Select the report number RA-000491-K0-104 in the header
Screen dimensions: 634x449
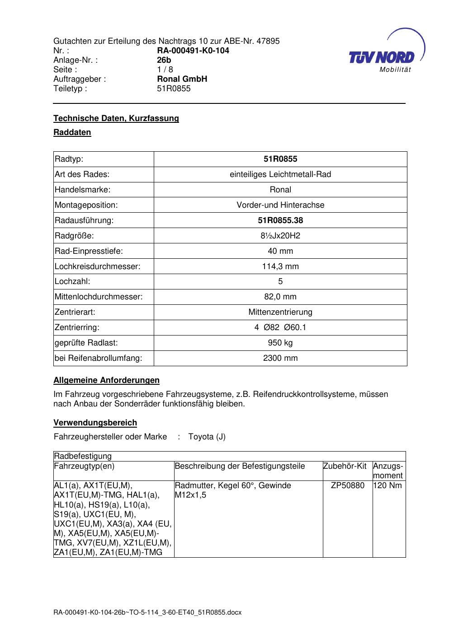point(193,51)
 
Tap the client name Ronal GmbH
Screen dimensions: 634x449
point(182,79)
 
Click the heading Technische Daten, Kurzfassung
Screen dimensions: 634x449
point(116,118)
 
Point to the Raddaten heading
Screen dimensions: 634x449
point(72,132)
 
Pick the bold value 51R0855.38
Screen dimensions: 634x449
point(280,220)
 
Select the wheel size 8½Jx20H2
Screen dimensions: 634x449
point(280,236)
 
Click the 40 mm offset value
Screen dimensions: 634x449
point(280,251)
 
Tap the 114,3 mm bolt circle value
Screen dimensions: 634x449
point(280,266)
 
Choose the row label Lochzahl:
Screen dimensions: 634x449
point(72,282)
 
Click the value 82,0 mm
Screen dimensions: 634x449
point(280,297)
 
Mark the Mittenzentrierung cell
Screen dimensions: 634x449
point(280,312)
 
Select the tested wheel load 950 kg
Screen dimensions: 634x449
point(280,343)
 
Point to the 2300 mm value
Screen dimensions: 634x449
point(280,358)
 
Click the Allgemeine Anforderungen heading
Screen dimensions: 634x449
point(106,380)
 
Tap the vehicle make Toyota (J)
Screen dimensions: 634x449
point(207,437)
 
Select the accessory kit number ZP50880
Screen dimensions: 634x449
point(348,485)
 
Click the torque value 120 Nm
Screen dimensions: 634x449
point(388,485)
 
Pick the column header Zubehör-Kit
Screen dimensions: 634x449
point(345,466)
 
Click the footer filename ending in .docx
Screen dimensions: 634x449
point(147,613)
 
